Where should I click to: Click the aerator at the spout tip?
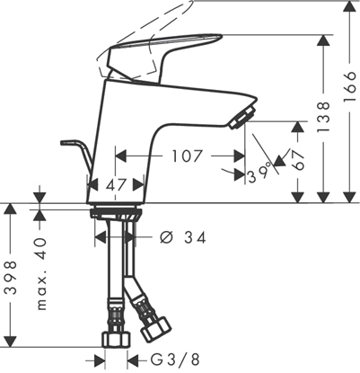pyautogui.click(x=242, y=116)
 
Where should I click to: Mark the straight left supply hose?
pyautogui.click(x=114, y=279)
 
